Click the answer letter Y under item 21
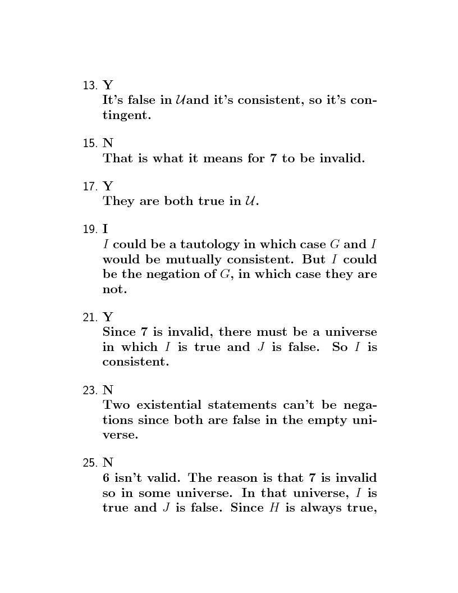[107, 317]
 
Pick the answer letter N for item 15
[107, 143]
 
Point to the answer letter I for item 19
[105, 229]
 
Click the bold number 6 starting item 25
[106, 478]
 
